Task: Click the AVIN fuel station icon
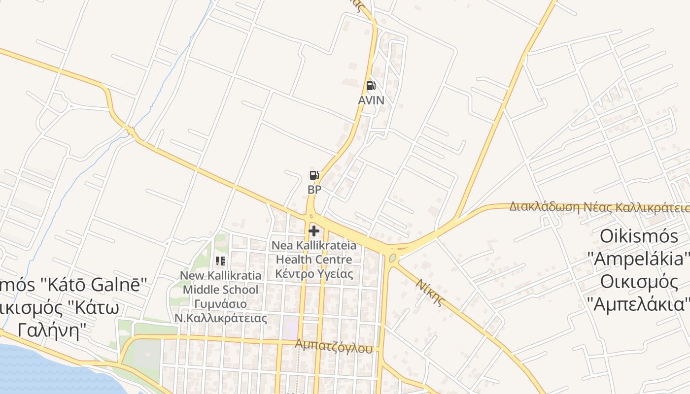371,86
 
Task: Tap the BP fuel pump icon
314,175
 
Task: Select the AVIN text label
371,100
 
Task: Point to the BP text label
314,190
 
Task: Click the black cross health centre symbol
314,230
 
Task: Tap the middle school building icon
220,261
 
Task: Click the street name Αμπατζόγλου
334,346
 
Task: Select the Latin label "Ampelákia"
639,259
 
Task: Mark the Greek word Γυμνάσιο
220,303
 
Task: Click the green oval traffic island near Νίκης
392,258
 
